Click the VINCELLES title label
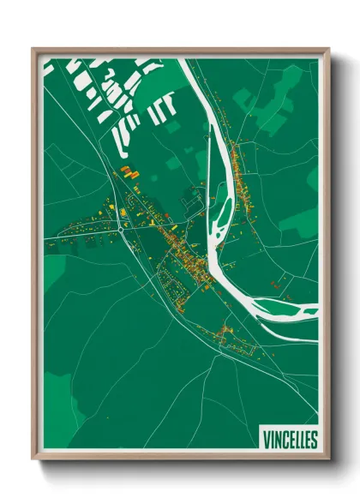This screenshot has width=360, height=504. click(x=287, y=440)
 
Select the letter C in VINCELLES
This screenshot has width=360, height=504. click(x=281, y=440)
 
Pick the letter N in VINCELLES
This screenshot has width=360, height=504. click(x=273, y=440)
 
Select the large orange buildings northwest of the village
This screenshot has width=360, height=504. click(x=129, y=172)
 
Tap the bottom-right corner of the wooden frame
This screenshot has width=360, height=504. click(x=327, y=459)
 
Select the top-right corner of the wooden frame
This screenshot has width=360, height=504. click(x=327, y=50)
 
